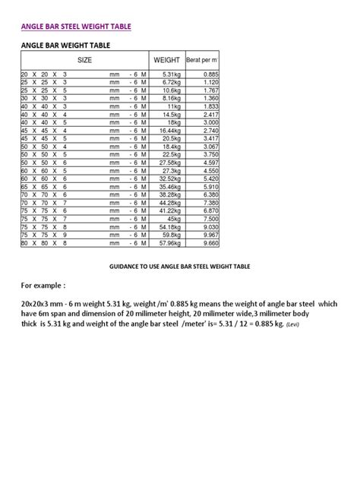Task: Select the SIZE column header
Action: click(84, 59)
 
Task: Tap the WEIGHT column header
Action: click(166, 59)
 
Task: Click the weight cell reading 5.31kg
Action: click(169, 74)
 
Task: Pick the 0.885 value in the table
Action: click(208, 74)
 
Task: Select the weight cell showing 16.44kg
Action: click(168, 131)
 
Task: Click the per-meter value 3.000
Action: click(208, 122)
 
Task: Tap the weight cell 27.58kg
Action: click(168, 163)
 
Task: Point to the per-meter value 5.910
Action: click(208, 187)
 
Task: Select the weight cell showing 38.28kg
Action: click(168, 194)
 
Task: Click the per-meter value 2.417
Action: click(208, 114)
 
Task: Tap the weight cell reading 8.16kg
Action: click(169, 98)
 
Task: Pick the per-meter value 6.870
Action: click(208, 211)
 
